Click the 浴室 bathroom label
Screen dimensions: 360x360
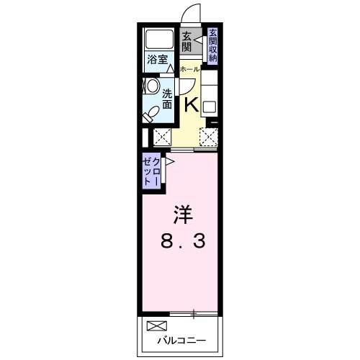(x=158, y=60)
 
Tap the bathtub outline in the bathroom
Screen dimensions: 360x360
(x=158, y=40)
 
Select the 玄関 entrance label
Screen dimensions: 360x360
(x=186, y=42)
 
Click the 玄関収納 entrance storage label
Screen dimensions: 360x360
(x=213, y=45)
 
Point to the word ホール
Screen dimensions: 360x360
(x=189, y=69)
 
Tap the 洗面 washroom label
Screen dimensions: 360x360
(x=167, y=99)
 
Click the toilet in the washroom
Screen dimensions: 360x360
(x=153, y=114)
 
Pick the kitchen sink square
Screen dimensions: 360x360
(x=209, y=107)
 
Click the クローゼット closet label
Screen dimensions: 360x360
(x=151, y=173)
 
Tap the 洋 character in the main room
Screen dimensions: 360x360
(x=183, y=215)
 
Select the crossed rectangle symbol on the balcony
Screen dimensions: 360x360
(x=157, y=325)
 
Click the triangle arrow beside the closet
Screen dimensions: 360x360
(x=168, y=163)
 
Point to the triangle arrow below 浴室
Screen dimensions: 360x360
(x=171, y=70)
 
